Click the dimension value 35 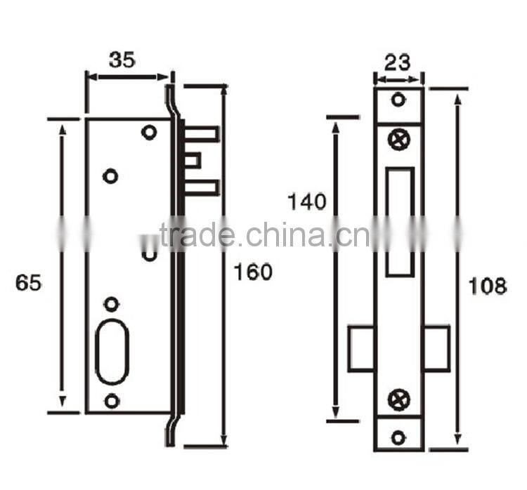[x=122, y=60]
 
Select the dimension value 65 [x=29, y=283]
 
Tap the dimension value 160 [x=252, y=272]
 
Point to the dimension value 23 [x=398, y=63]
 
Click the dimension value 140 [x=307, y=202]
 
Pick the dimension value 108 [x=488, y=286]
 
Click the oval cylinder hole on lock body [x=112, y=352]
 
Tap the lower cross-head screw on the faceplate [x=398, y=400]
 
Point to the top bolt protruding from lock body [x=203, y=134]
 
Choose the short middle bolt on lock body [x=194, y=161]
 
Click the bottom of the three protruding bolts [x=203, y=187]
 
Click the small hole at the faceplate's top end [x=398, y=100]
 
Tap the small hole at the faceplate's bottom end [x=398, y=437]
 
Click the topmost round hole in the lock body [x=148, y=132]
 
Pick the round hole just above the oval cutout [x=111, y=304]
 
